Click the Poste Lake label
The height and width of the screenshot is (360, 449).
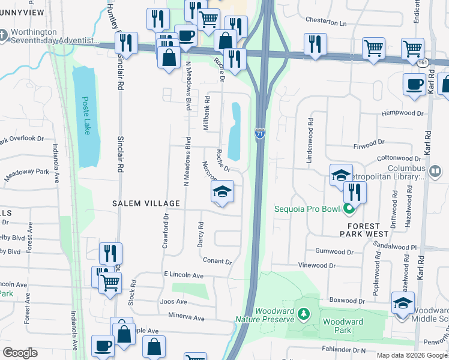click(x=86, y=116)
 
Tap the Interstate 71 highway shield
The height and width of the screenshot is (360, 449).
click(x=259, y=133)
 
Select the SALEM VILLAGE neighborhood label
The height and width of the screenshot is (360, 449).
click(x=146, y=203)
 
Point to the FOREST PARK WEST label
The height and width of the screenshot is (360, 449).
click(x=364, y=228)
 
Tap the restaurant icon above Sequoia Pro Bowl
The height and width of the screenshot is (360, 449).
click(x=355, y=192)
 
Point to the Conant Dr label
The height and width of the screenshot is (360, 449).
click(x=217, y=262)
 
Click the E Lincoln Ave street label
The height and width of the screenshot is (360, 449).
click(x=184, y=275)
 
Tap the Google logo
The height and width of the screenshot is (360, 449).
click(x=20, y=353)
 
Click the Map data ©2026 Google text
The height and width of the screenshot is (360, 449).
click(x=411, y=355)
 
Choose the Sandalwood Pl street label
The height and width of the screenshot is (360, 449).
click(x=395, y=247)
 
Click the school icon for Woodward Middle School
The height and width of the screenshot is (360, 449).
click(x=403, y=302)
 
